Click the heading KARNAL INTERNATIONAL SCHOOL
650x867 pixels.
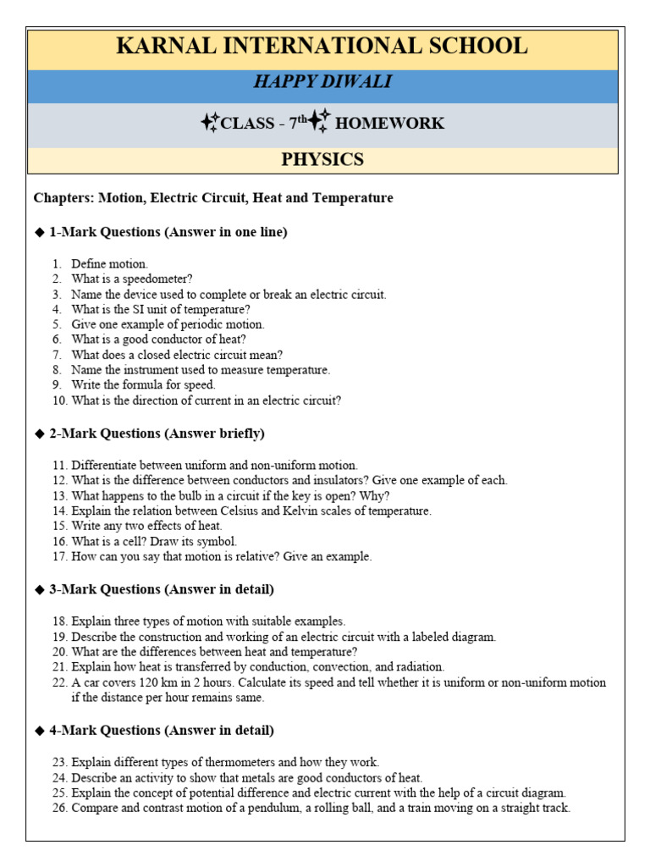pyautogui.click(x=322, y=46)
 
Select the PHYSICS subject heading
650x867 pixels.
pyautogui.click(x=322, y=159)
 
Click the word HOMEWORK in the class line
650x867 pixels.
pyautogui.click(x=389, y=124)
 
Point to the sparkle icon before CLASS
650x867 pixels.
pyautogui.click(x=210, y=123)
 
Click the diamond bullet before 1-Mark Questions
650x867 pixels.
pyautogui.click(x=39, y=233)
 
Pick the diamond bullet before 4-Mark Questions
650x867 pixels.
pyautogui.click(x=39, y=730)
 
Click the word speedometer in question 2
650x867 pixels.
pyautogui.click(x=163, y=279)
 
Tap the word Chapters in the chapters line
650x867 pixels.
pyautogui.click(x=63, y=198)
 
